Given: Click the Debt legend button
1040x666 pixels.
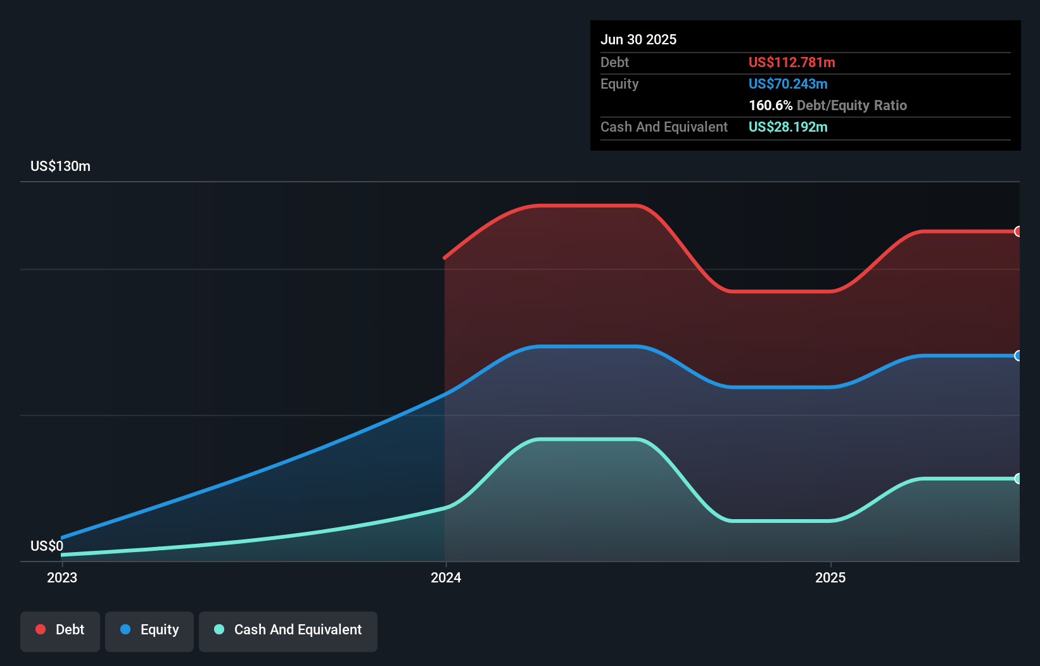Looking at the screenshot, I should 60,631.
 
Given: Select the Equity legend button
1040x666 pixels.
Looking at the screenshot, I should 149,631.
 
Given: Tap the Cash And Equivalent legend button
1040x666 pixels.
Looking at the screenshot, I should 288,631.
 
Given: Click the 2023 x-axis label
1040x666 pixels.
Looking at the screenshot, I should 62,577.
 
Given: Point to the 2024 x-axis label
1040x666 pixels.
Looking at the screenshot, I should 446,577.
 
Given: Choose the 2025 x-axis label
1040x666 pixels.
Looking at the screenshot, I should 830,577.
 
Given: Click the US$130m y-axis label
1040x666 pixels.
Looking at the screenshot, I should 60,166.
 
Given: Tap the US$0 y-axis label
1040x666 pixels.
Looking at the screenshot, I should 47,546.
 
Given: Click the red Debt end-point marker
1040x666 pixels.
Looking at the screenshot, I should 1018,232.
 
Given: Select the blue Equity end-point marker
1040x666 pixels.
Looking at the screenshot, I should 1018,356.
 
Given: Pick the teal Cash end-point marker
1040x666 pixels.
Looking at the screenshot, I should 1018,479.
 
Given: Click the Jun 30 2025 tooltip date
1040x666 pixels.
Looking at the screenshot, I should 638,40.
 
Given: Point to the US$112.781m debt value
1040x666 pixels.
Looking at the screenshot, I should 792,63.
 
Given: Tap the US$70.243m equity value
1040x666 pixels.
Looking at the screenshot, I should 788,84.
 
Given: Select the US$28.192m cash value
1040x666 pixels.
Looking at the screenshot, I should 788,127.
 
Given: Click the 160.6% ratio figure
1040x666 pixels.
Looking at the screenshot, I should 770,106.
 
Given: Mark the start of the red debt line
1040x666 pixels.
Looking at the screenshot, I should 445,258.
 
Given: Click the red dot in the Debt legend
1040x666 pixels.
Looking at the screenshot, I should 41,629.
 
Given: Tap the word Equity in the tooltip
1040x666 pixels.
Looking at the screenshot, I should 619,84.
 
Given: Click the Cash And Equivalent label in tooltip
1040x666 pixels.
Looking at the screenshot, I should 664,127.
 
